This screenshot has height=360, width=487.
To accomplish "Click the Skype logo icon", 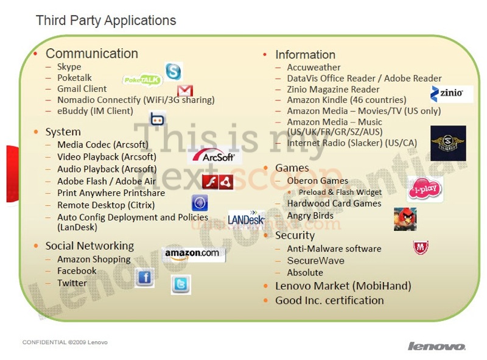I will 173,71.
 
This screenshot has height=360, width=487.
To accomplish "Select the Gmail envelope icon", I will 185,91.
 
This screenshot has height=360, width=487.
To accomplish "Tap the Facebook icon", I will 144,278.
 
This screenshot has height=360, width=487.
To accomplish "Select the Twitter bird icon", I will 181,284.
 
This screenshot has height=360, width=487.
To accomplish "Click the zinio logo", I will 451,94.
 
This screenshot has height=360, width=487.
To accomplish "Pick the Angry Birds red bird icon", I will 405,219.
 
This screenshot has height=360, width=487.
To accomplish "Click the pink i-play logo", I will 424,189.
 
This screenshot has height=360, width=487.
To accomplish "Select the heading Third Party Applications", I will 106,21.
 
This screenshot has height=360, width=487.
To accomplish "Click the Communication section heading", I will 92,54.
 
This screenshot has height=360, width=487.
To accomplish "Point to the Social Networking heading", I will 89,246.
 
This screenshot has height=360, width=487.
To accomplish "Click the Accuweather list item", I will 314,67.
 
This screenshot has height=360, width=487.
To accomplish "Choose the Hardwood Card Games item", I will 334,203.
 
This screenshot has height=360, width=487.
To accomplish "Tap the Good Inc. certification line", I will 329,300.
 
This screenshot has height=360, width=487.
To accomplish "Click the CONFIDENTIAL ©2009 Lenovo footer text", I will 65,342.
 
